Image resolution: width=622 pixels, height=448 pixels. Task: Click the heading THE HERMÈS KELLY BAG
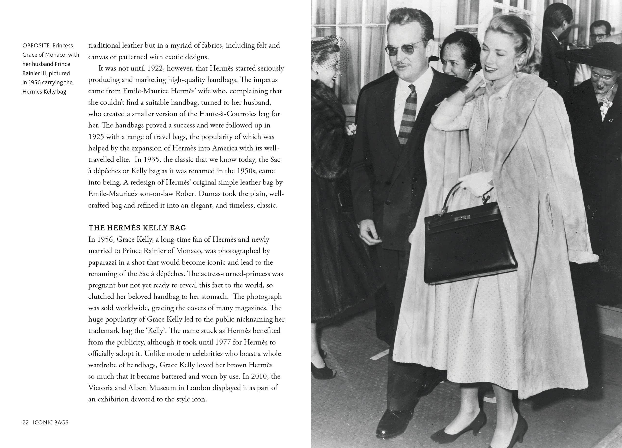[137, 228]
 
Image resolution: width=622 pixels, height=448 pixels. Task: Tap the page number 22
[26, 422]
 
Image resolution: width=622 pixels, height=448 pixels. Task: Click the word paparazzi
[102, 262]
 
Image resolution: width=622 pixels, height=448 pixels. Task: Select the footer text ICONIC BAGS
[51, 422]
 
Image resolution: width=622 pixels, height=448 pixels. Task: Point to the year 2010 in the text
[260, 376]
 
